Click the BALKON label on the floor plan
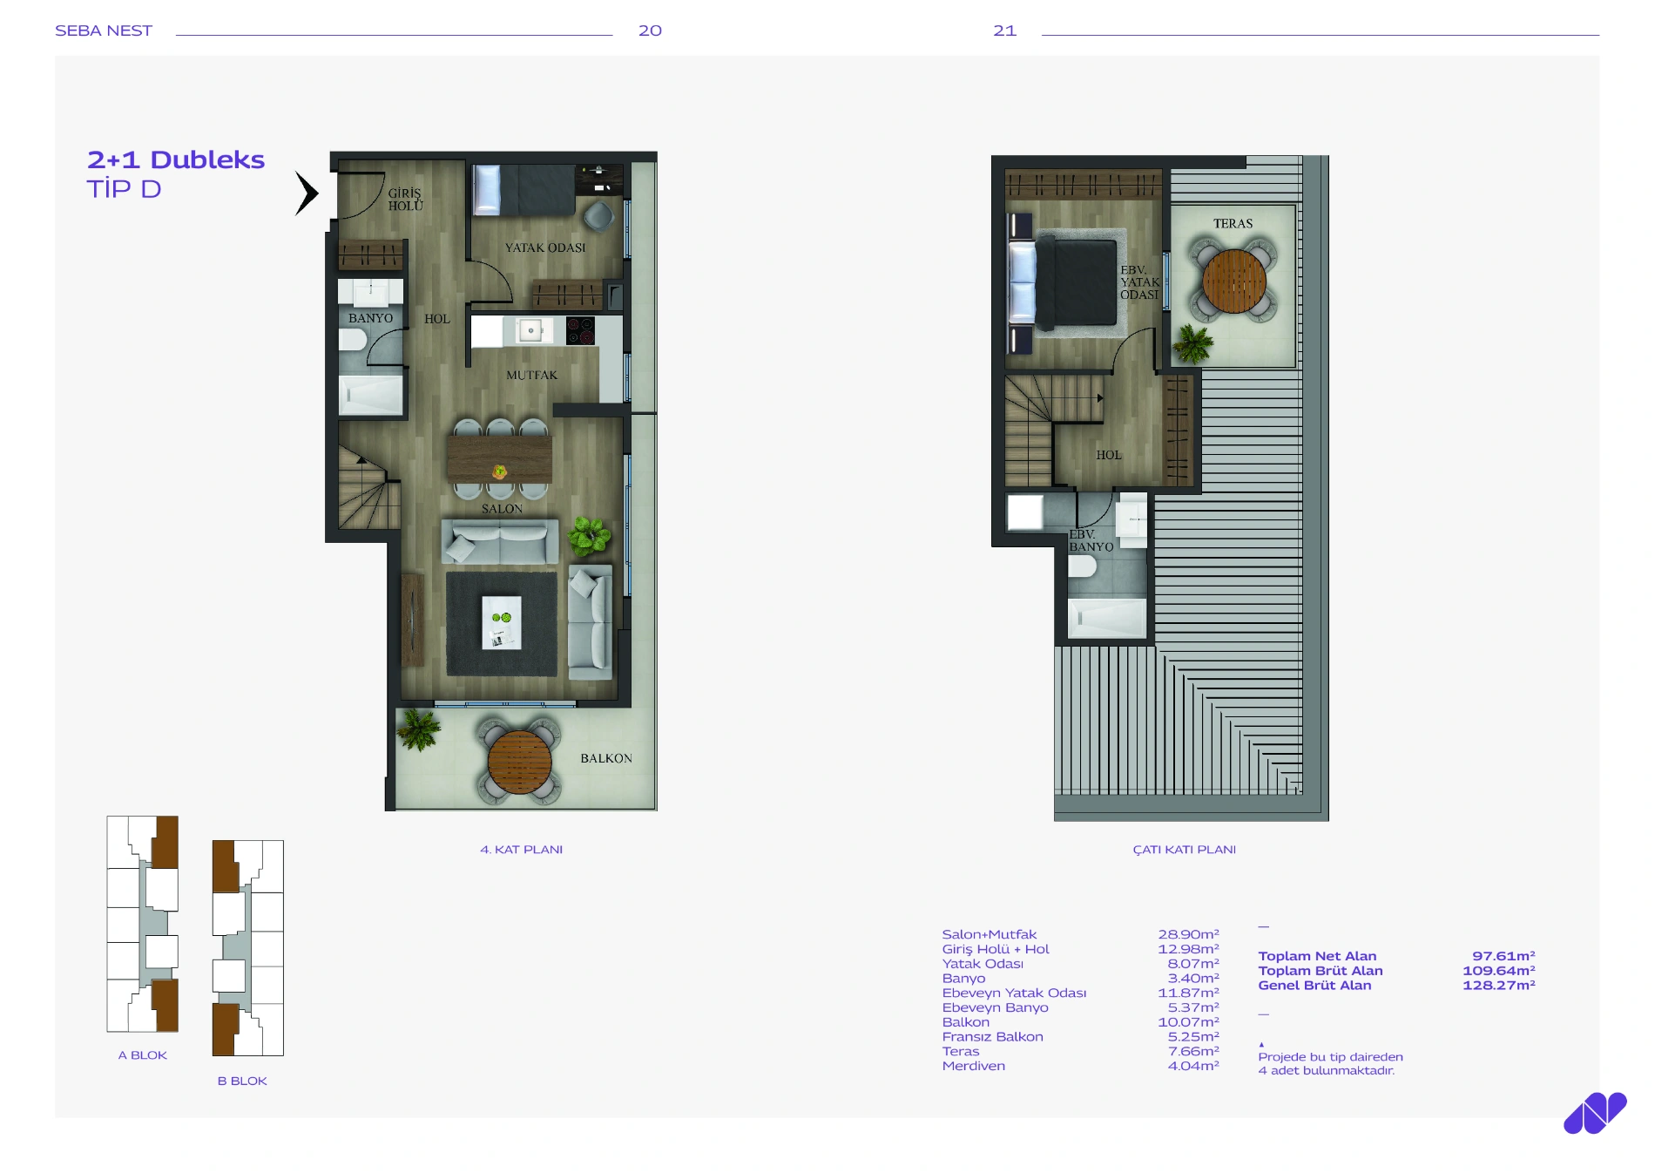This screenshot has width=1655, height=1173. pos(606,758)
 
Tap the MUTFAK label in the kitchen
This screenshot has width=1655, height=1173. pos(531,375)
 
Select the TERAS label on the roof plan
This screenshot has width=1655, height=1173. pos(1233,224)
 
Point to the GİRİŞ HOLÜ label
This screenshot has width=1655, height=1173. pos(405,200)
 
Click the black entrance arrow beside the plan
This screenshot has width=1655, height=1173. pos(307,193)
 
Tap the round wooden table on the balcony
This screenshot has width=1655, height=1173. pos(519,762)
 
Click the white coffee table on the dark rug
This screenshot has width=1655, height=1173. pos(502,622)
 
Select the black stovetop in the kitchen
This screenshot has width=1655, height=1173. pos(581,331)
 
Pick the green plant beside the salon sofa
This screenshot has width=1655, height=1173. pos(589,535)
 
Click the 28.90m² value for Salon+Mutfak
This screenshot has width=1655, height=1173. pos(1188,934)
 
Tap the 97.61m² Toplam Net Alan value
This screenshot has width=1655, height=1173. pos(1503,956)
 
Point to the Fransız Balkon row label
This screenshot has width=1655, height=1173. pos(992,1037)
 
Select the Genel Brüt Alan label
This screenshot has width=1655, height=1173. pos(1314,986)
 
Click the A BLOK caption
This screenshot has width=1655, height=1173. pos(143,1055)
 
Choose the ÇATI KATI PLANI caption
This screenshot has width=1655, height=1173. pos(1184,850)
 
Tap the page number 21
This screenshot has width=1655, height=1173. pos(1004,31)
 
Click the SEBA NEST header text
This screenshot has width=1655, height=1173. pos(104,31)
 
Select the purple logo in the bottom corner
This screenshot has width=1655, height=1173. pos(1594,1113)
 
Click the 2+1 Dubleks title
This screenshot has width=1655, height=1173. pos(176,159)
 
